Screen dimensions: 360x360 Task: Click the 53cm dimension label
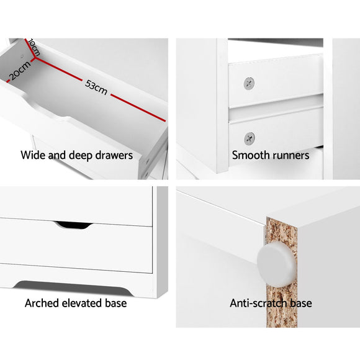click(x=96, y=88)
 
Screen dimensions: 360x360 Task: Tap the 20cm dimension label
click(x=19, y=73)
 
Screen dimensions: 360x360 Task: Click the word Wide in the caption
click(x=33, y=155)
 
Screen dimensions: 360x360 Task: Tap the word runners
click(x=290, y=155)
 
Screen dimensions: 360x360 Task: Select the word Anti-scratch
click(x=258, y=304)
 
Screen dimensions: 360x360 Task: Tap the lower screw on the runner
click(x=249, y=137)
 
